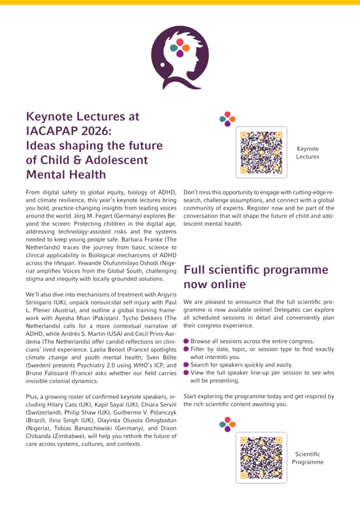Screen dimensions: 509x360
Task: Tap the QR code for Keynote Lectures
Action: (261, 152)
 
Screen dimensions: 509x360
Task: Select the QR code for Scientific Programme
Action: (261, 457)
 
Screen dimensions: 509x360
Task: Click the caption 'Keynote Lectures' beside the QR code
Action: (307, 153)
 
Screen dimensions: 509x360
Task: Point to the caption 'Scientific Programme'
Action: (307, 457)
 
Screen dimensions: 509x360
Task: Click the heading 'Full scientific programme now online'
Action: (255, 277)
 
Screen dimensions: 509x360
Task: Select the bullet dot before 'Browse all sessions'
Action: (186, 341)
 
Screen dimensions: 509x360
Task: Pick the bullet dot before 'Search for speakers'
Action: (186, 364)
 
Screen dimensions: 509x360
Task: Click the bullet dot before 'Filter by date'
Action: (186, 349)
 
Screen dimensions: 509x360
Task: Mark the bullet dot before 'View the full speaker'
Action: (186, 373)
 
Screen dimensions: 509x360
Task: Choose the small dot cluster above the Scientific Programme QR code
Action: (227, 424)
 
